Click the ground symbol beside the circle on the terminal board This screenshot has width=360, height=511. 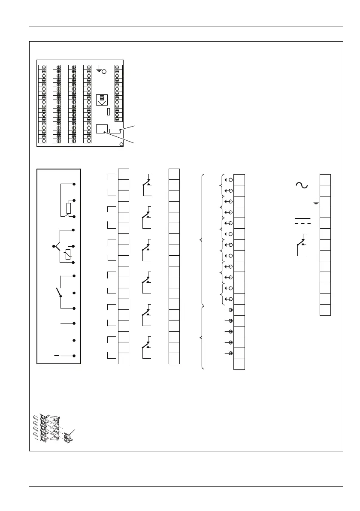coord(99,69)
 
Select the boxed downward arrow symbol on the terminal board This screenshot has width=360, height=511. coord(102,100)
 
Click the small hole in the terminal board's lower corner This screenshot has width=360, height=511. coord(121,144)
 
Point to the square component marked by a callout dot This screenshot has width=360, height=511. coord(101,129)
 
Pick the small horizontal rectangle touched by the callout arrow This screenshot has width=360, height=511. coord(115,130)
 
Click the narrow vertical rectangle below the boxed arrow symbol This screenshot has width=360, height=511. coord(108,112)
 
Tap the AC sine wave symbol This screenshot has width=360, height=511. coord(301,185)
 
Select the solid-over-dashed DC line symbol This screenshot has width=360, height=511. coord(302,221)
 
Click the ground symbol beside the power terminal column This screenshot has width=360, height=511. coord(316,202)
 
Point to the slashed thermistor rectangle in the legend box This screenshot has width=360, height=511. coord(68,254)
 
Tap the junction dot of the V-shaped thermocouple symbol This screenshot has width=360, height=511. coord(54,246)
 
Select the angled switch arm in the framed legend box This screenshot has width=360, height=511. coord(58,293)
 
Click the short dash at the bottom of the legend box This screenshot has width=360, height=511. coord(57,356)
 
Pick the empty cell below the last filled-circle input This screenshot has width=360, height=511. coord(239,364)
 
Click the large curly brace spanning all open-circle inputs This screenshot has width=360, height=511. coord(201,239)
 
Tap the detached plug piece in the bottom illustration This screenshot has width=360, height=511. coord(68,438)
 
